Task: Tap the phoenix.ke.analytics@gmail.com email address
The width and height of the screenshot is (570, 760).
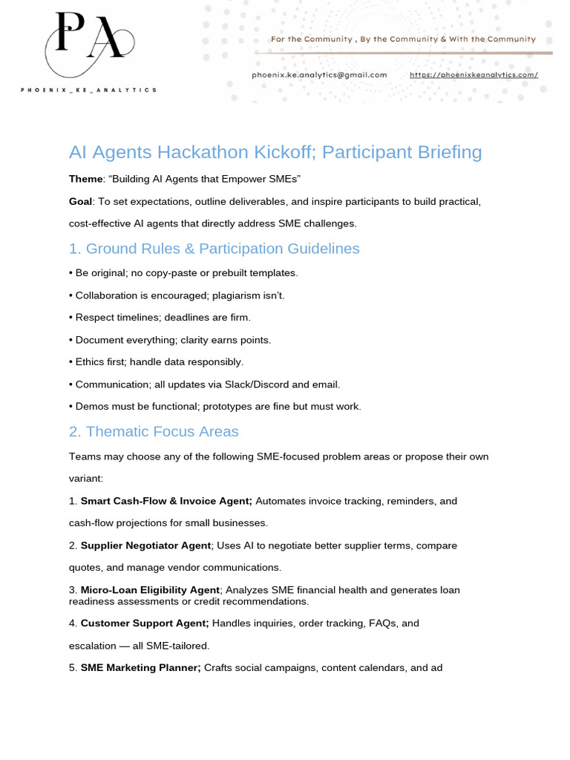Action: (320, 74)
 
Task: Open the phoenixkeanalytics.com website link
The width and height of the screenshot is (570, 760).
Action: (474, 74)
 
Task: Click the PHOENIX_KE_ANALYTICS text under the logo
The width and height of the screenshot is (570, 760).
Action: (88, 90)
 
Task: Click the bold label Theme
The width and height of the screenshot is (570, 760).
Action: (85, 179)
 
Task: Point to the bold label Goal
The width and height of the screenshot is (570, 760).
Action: (80, 201)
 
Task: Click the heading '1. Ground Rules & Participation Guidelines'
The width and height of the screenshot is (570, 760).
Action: (214, 249)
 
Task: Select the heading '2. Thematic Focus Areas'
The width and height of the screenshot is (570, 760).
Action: (154, 431)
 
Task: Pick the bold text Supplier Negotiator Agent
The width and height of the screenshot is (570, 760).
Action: (145, 546)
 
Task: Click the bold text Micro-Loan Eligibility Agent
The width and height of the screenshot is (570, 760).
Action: (150, 590)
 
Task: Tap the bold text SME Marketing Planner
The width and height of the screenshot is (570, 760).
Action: (140, 668)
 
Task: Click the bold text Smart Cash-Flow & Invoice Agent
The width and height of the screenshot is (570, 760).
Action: (166, 501)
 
